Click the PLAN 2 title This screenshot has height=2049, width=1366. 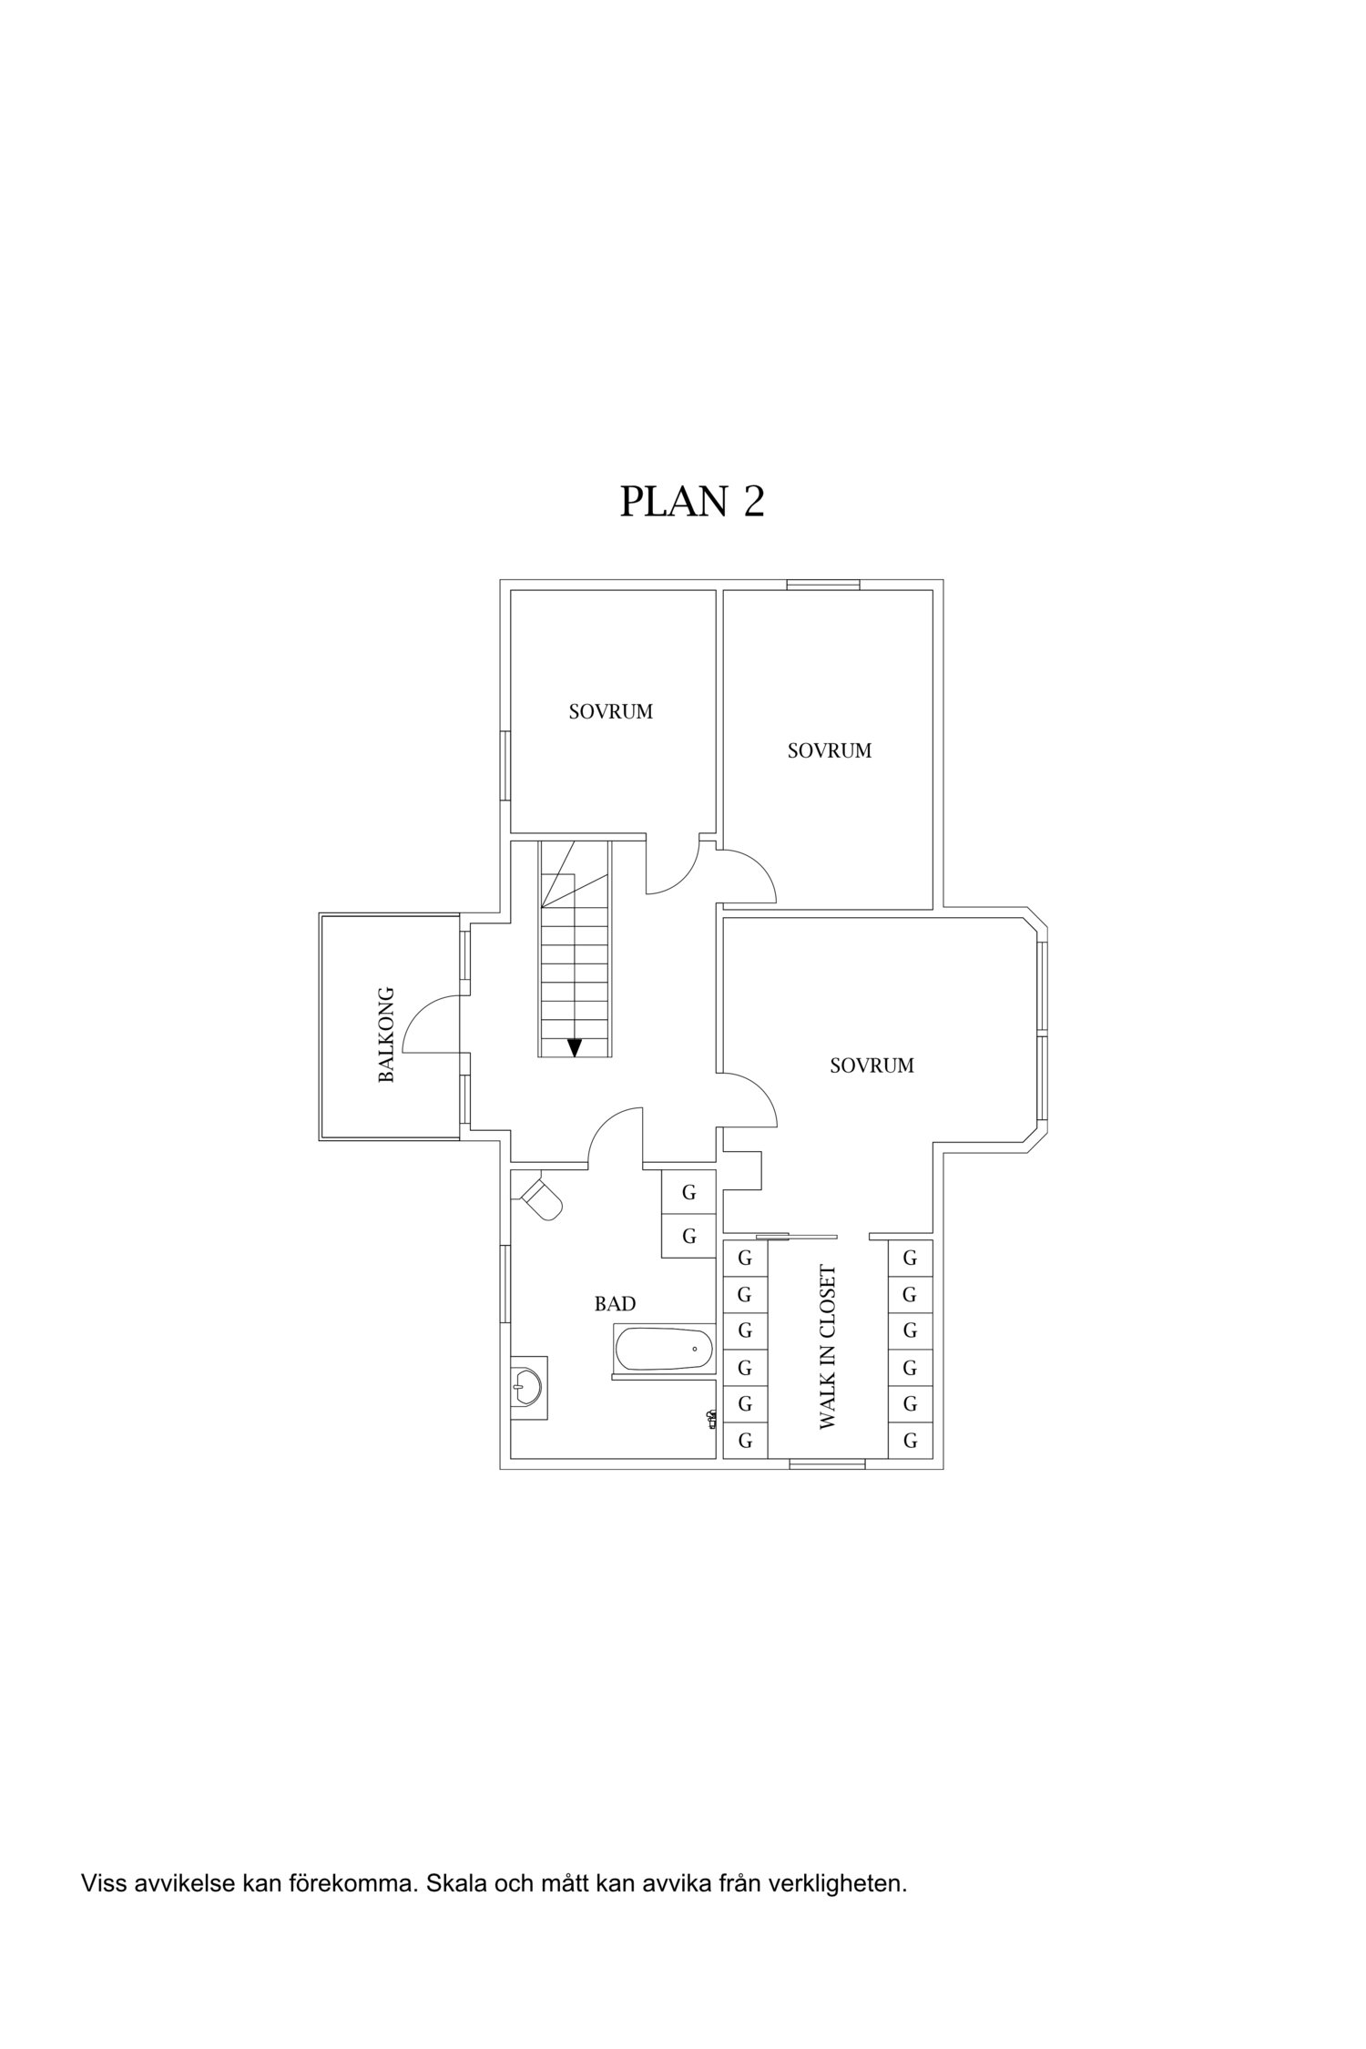(691, 501)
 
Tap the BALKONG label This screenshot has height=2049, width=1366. (386, 1034)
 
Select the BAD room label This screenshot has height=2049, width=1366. (615, 1304)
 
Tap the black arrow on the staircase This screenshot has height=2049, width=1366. (574, 1047)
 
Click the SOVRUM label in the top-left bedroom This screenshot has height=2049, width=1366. (611, 712)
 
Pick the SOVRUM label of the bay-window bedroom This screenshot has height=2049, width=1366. (872, 1065)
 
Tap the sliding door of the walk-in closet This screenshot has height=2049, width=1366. (796, 1236)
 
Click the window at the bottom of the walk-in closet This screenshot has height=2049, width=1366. (827, 1463)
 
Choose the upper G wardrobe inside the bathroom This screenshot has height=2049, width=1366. (688, 1192)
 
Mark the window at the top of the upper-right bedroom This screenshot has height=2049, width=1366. (823, 585)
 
